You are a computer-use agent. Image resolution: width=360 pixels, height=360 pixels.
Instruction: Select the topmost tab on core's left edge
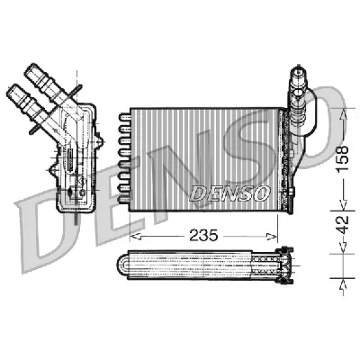[x=121, y=115]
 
